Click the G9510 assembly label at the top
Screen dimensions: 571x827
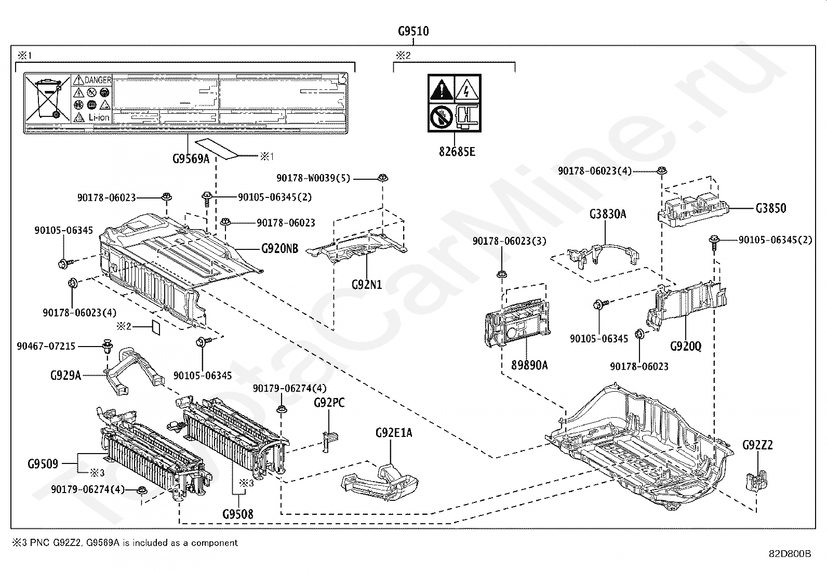[x=413, y=31]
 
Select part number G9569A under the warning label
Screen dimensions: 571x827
[x=191, y=158]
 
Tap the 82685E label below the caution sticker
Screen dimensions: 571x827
[x=456, y=152]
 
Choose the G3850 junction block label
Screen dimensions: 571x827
[x=771, y=208]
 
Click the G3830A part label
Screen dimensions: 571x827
[x=608, y=214]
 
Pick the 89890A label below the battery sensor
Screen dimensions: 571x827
[x=529, y=365]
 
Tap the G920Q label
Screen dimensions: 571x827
[x=686, y=346]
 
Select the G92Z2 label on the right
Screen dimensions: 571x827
[x=757, y=445]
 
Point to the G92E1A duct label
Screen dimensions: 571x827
[x=394, y=433]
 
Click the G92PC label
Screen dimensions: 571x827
[x=329, y=403]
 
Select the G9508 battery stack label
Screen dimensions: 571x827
[x=238, y=514]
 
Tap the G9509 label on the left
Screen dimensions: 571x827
[x=43, y=463]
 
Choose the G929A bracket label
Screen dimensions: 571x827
[x=66, y=375]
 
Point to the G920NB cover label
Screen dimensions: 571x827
[x=279, y=249]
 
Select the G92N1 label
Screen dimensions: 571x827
[x=367, y=284]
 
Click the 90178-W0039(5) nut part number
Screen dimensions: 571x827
[x=313, y=178]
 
